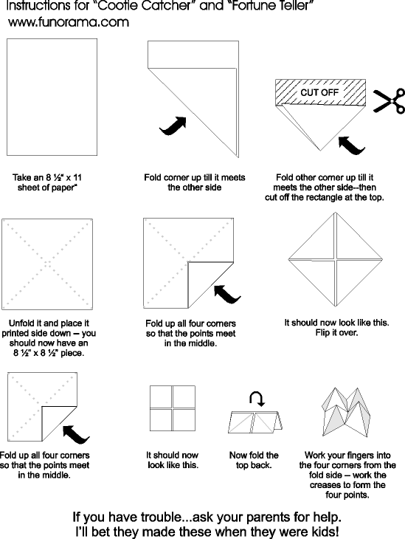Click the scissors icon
point(389,100)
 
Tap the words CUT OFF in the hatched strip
point(319,92)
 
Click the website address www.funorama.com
point(69,22)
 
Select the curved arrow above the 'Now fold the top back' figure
point(257,399)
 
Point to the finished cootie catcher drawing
point(346,412)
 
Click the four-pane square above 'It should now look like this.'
point(173,408)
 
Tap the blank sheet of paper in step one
point(52,97)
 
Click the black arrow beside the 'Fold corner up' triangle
point(173,126)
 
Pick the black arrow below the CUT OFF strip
point(351,145)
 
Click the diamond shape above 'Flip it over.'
point(335,259)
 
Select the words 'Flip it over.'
point(336,333)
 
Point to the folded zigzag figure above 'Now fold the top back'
point(255,422)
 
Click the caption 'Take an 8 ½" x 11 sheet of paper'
point(47,182)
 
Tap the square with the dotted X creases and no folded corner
point(47,264)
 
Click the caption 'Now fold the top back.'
point(254,460)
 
